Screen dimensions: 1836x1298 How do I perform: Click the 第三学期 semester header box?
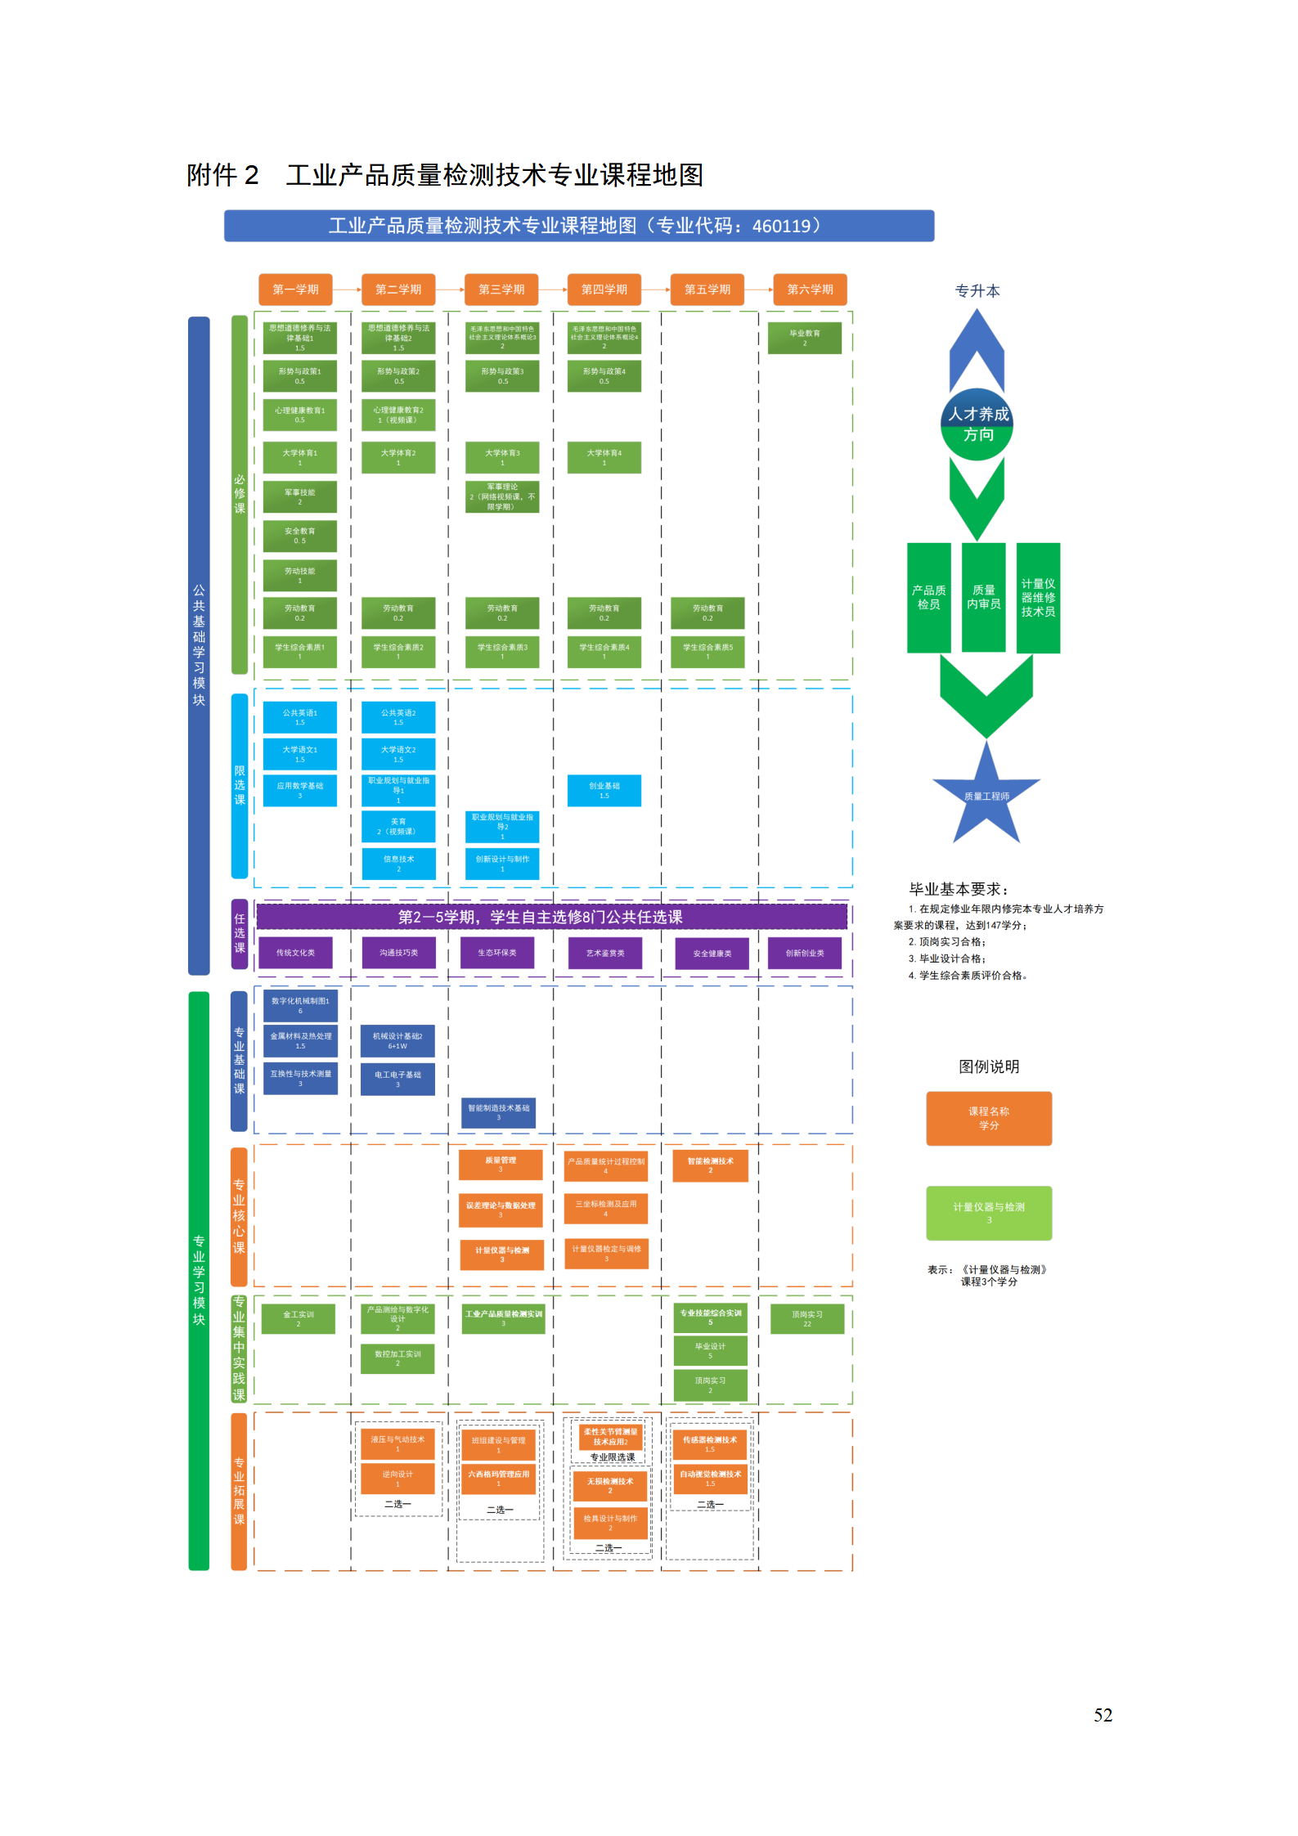click(x=501, y=290)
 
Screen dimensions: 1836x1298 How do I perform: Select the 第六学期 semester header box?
click(x=810, y=290)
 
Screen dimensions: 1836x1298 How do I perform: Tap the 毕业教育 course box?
click(x=804, y=338)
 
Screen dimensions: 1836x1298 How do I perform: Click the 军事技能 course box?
click(x=299, y=496)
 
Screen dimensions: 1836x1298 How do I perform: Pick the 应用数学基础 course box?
click(x=299, y=790)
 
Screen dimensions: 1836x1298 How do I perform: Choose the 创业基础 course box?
click(x=604, y=790)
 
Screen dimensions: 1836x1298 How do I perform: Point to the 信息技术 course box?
click(x=398, y=863)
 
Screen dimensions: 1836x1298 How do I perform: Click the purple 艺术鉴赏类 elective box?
click(x=604, y=953)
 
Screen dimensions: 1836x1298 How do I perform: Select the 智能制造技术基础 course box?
click(x=498, y=1112)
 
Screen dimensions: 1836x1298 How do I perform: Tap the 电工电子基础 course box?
click(x=397, y=1079)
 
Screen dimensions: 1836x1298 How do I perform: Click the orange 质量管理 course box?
click(x=501, y=1164)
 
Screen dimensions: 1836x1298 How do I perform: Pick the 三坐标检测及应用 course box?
click(x=605, y=1208)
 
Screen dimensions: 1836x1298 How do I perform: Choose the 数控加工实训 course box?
click(x=397, y=1358)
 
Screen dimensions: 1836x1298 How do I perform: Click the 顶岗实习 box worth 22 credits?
click(x=806, y=1318)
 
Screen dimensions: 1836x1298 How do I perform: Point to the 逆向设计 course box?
click(x=397, y=1478)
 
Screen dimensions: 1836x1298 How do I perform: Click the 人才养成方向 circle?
click(x=977, y=424)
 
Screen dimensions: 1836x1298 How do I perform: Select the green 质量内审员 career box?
click(x=983, y=597)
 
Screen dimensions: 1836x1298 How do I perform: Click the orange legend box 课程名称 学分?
click(x=988, y=1118)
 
